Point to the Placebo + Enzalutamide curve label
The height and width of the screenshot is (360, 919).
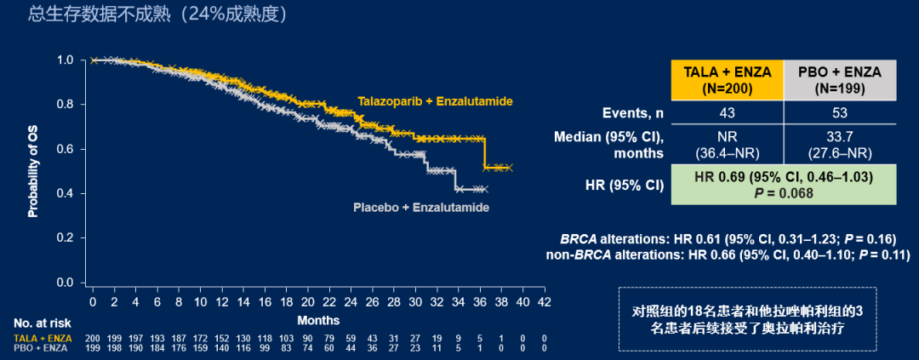(421, 207)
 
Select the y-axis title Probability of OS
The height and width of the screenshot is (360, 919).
(33, 169)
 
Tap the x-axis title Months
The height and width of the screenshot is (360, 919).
(318, 320)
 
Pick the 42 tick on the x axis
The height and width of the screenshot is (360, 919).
(544, 302)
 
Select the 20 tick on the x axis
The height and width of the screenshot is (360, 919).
(307, 302)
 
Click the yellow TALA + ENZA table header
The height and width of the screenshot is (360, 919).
(728, 79)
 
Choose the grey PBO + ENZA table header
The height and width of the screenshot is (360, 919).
(840, 79)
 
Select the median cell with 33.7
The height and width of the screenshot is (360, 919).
(840, 146)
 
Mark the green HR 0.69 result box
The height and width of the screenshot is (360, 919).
(784, 186)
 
